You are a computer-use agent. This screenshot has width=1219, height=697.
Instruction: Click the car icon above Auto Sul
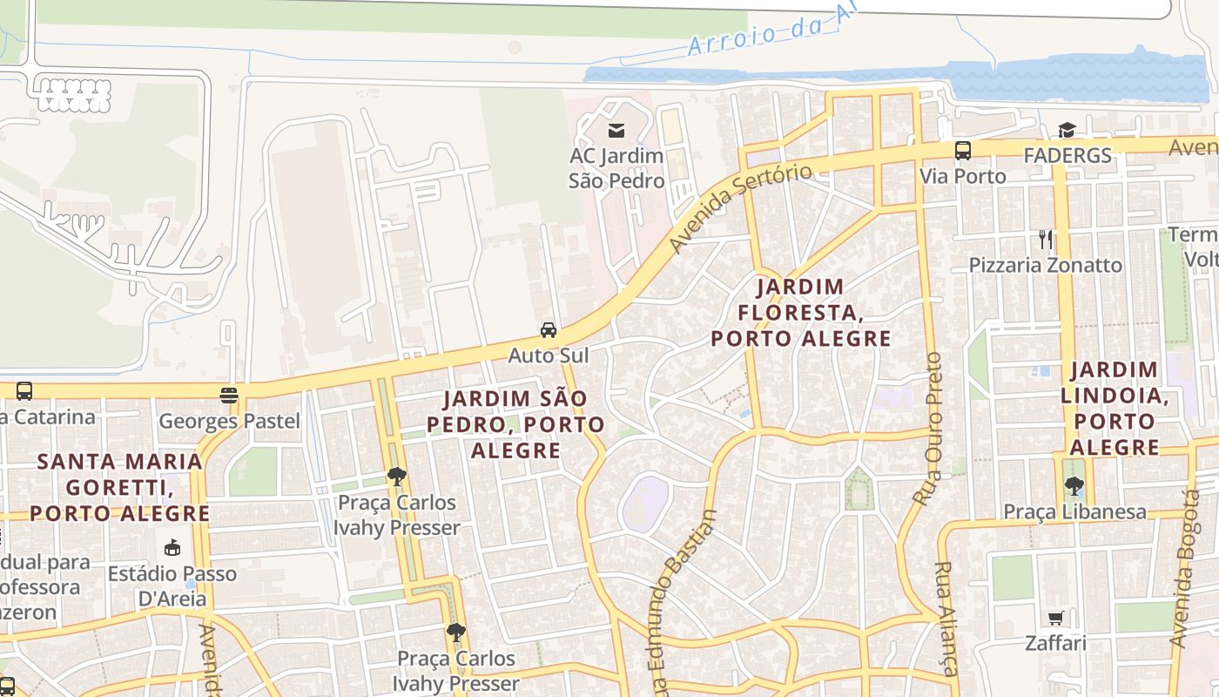tap(549, 329)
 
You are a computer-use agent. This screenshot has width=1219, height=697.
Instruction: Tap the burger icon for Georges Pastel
tap(229, 396)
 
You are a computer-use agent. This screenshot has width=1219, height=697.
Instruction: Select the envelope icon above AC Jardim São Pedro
tap(616, 131)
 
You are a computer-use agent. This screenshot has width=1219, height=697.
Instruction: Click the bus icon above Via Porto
tap(963, 150)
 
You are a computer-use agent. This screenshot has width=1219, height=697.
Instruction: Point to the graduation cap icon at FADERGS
tap(1067, 130)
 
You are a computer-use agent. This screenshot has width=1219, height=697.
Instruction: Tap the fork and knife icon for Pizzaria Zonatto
tap(1046, 239)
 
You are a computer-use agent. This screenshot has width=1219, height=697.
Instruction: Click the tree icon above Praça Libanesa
tap(1074, 486)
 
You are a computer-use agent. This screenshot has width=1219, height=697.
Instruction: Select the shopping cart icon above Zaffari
tap(1056, 618)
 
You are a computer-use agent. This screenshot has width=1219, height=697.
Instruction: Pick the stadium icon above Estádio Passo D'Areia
tap(172, 548)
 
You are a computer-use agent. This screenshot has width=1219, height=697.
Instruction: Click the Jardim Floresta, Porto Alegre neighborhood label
tap(801, 312)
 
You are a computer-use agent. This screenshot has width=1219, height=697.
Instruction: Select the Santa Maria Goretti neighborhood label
tap(120, 487)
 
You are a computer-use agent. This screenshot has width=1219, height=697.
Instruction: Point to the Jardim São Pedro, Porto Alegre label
tap(515, 424)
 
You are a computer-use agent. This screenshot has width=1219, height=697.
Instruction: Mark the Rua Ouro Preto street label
tap(929, 429)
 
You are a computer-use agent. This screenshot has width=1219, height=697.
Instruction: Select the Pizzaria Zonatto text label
tap(1046, 265)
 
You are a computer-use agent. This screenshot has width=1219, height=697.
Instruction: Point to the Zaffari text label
tap(1055, 644)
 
